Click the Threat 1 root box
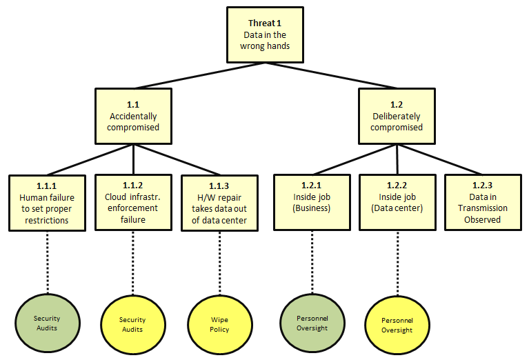[265, 34]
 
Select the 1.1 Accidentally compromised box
[132, 116]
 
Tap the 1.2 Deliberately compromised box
[396, 116]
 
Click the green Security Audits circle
[47, 323]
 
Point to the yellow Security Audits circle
[132, 324]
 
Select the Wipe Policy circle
[219, 324]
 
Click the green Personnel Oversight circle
[311, 323]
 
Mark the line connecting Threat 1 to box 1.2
[330, 74]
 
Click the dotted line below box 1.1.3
[219, 262]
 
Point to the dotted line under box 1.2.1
[311, 262]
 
